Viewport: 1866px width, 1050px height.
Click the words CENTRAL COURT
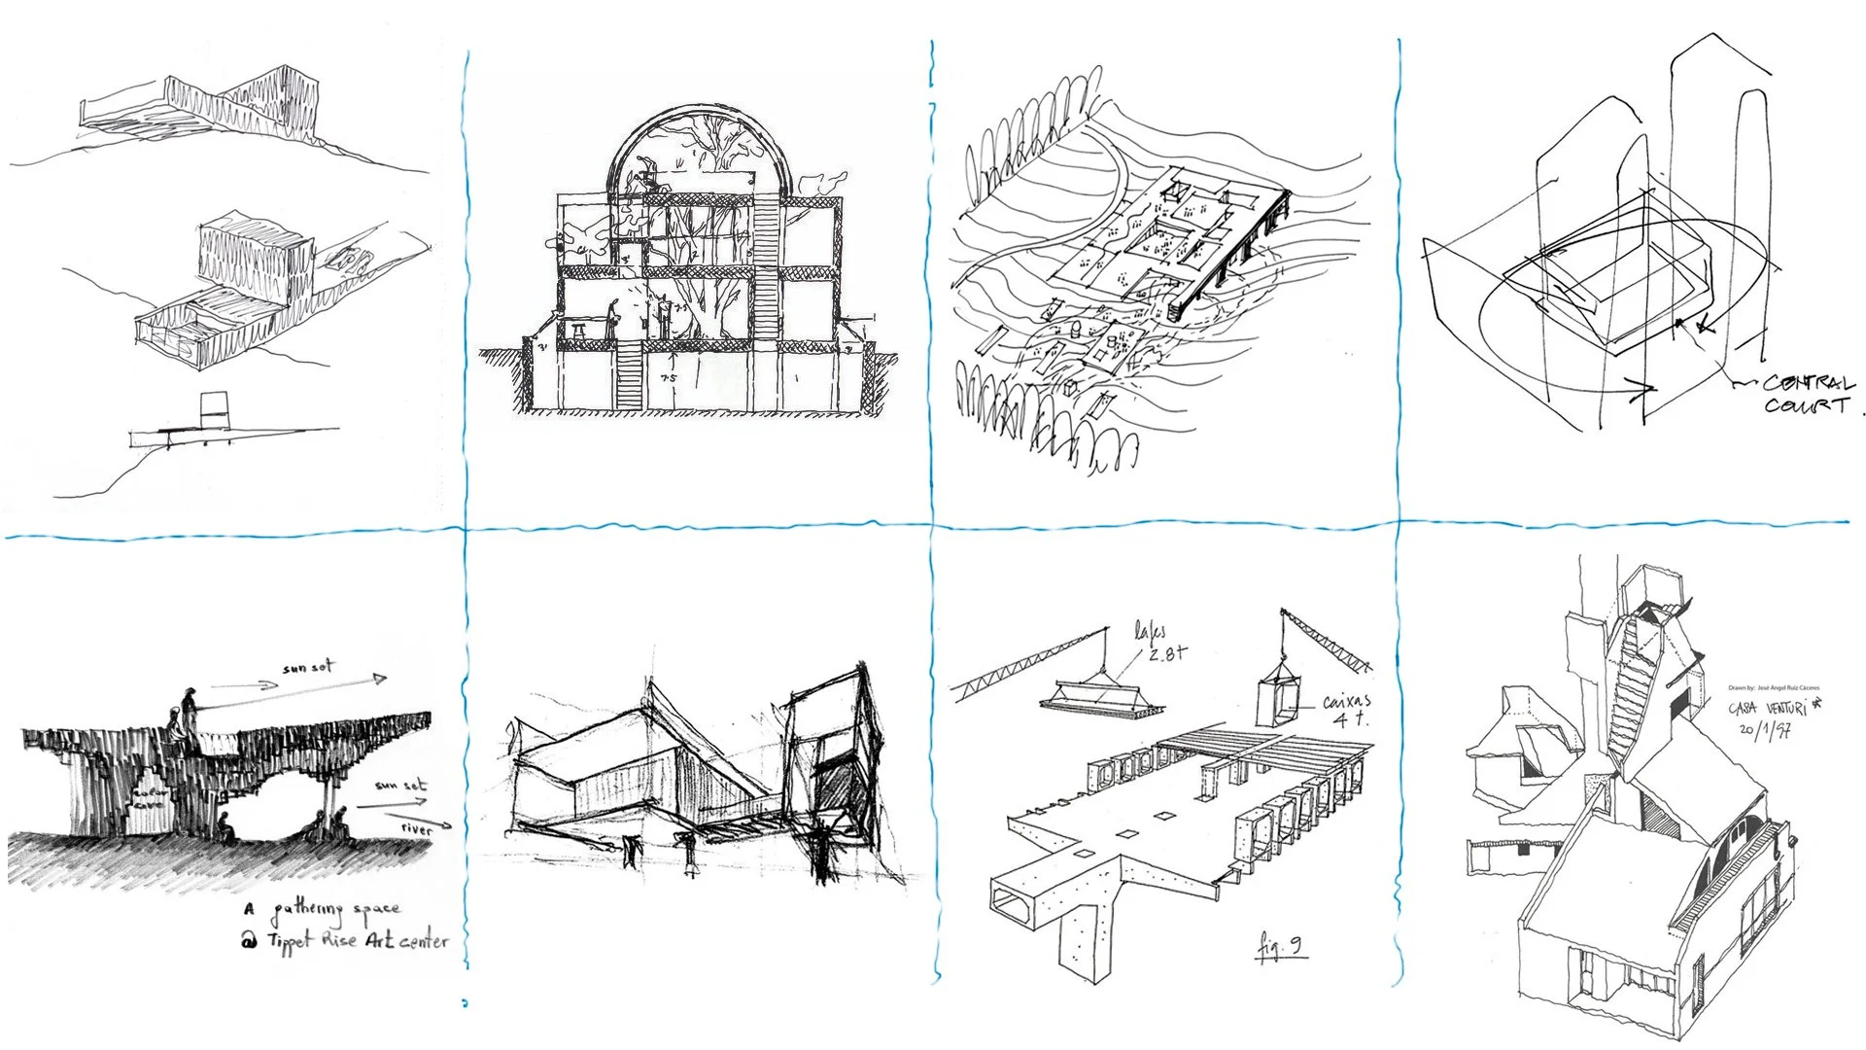pyautogui.click(x=1808, y=395)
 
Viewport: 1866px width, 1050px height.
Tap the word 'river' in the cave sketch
pyautogui.click(x=416, y=829)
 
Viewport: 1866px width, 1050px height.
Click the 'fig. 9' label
pyautogui.click(x=1281, y=946)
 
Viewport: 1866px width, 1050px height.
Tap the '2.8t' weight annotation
pyautogui.click(x=1165, y=653)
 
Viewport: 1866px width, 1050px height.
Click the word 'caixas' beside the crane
pyautogui.click(x=1346, y=700)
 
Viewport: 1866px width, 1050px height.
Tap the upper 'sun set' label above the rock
pyautogui.click(x=308, y=668)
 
